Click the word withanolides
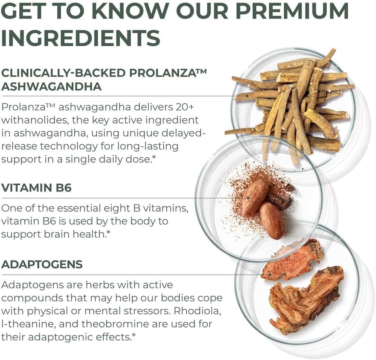coord(33,120)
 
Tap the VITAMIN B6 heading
coord(36,188)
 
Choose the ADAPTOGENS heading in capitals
coord(42,264)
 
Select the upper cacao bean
coord(255,198)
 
